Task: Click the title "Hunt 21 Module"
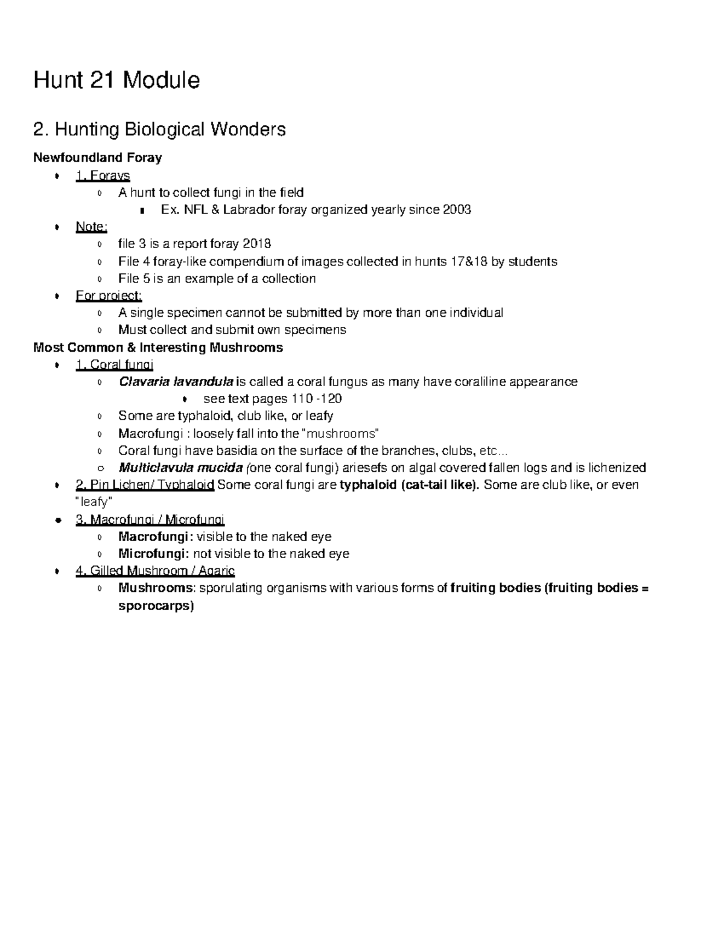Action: [116, 80]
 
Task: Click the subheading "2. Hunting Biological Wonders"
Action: [159, 129]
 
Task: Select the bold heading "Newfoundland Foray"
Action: [97, 158]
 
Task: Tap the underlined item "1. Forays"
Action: [103, 176]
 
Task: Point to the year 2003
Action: [457, 210]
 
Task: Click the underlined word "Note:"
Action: [91, 227]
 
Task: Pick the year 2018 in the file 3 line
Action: [256, 244]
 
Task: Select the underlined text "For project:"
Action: [109, 296]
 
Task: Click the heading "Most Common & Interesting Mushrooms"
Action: [158, 348]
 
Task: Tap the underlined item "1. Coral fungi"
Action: [115, 364]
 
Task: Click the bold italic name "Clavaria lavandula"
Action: [176, 382]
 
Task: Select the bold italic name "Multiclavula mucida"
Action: [180, 468]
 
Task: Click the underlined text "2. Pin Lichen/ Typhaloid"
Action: [145, 485]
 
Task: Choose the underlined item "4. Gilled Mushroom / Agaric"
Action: [155, 571]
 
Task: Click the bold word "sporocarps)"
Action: [156, 606]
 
